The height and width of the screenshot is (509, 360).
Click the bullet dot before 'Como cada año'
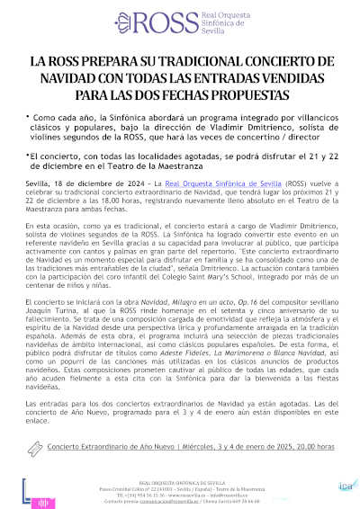pos(28,117)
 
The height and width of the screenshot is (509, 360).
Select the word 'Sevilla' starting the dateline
pos(37,183)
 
